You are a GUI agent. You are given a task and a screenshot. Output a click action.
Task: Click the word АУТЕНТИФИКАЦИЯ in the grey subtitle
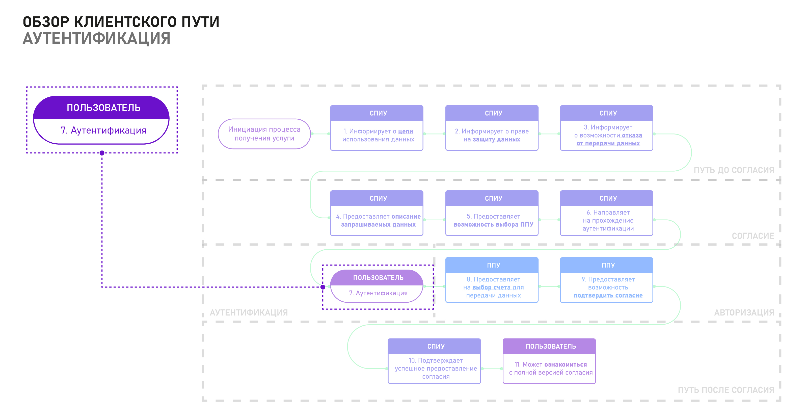(x=97, y=38)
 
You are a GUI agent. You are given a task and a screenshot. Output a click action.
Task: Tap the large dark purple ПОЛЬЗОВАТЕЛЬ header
(x=103, y=108)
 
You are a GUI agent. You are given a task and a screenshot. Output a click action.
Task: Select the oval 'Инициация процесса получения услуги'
(x=264, y=134)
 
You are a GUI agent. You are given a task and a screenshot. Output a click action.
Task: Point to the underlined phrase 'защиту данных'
(x=496, y=140)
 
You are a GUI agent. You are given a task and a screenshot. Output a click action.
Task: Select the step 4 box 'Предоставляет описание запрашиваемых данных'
(x=377, y=213)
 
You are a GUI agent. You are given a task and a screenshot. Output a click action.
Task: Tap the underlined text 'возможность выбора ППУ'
(x=493, y=224)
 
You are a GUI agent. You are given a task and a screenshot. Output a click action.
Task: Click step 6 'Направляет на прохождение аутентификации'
(x=608, y=220)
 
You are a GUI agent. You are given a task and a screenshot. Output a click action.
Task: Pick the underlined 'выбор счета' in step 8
(x=491, y=287)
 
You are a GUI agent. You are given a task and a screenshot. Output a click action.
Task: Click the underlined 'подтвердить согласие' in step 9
(x=608, y=296)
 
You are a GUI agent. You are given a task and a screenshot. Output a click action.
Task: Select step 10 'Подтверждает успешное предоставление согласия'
(x=436, y=369)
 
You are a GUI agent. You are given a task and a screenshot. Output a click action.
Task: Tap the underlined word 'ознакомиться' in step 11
(x=566, y=364)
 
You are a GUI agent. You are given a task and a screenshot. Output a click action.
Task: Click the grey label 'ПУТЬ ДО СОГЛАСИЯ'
(x=734, y=170)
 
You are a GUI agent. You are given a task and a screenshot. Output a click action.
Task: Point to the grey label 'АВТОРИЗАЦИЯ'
(x=744, y=312)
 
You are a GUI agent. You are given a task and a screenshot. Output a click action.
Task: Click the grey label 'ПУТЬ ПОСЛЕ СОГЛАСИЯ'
(x=726, y=390)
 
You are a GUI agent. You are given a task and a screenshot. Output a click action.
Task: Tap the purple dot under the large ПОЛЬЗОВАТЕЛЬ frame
(x=102, y=153)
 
